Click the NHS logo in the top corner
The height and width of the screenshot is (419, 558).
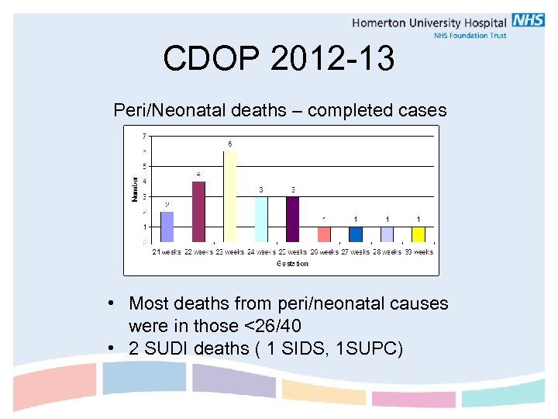coord(528,21)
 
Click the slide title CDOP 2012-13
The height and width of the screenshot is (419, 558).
coord(278,58)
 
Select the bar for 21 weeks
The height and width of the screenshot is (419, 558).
coord(167,227)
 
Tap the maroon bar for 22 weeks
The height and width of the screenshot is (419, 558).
coord(198,212)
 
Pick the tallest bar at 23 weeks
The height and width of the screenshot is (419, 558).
coord(229,196)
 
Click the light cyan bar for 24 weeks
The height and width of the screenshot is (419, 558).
coord(261,219)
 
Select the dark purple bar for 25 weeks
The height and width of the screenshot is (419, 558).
coord(292,219)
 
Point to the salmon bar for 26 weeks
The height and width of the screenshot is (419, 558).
coord(324,234)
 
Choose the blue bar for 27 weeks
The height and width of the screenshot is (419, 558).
coord(355,234)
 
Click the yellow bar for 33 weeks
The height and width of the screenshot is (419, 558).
coord(418,234)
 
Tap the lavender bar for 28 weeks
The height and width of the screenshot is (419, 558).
coord(387,234)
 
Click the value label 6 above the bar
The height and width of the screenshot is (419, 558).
coord(229,144)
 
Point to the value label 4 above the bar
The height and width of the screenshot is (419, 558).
coord(198,174)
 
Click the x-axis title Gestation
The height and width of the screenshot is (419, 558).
coord(292,264)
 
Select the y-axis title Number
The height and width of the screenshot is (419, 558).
coord(135,189)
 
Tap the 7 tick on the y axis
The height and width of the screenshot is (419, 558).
coord(144,137)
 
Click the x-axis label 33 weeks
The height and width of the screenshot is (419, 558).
coord(418,251)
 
